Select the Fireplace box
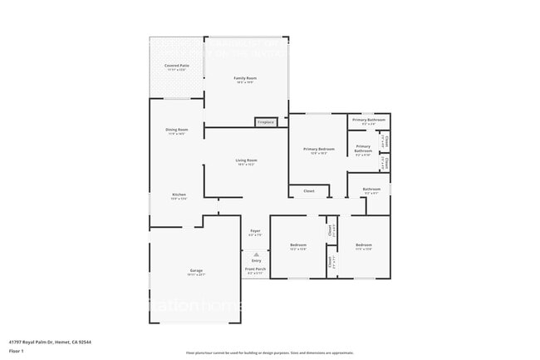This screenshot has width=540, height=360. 266,122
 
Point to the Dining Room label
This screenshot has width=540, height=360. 177,129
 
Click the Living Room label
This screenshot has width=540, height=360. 246,160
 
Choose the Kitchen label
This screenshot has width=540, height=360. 179,195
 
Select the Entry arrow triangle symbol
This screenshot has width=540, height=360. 256,254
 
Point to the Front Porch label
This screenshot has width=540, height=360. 255,269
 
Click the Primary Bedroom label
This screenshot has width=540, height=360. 319,149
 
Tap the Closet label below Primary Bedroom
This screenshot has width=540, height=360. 308,191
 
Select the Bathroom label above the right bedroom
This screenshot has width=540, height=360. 371,189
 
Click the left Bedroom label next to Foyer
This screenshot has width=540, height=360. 297,244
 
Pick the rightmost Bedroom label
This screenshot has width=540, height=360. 364,244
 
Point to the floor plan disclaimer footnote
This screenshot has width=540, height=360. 270,353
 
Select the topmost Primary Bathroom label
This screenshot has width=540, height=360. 369,120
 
